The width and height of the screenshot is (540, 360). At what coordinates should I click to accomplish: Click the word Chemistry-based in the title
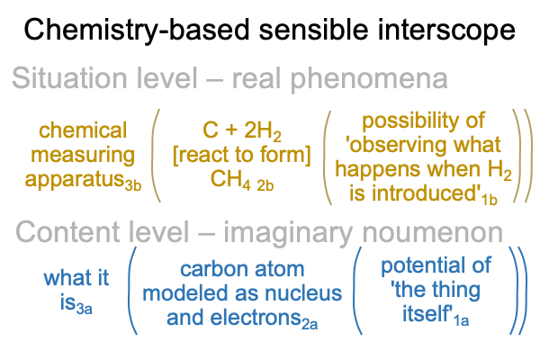(x=137, y=31)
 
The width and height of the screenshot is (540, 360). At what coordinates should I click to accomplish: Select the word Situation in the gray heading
(x=69, y=78)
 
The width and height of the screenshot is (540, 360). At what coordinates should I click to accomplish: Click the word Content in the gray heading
(x=67, y=232)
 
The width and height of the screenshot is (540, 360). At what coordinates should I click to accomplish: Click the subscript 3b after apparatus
(x=133, y=185)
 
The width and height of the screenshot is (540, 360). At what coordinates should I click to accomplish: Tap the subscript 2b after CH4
(x=265, y=186)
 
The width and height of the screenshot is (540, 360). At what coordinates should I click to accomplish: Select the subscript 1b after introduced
(x=490, y=200)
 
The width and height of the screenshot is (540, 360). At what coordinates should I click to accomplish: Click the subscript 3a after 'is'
(x=84, y=309)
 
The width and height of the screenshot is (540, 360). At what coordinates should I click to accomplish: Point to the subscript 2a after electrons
(x=310, y=324)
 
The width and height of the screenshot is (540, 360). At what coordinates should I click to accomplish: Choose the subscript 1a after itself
(x=461, y=320)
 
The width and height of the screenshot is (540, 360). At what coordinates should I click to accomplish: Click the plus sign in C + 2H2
(x=232, y=130)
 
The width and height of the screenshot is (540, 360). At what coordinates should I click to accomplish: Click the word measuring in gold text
(x=83, y=156)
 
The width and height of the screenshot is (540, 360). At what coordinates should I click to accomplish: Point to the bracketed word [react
(x=200, y=155)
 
